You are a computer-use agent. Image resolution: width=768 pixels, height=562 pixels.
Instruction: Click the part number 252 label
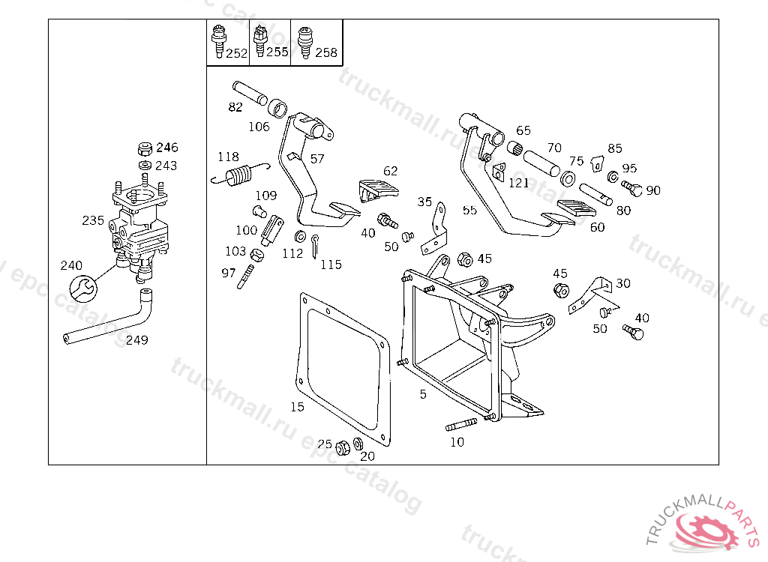tap(236, 53)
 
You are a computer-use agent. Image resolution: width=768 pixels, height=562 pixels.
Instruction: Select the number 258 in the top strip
tap(325, 53)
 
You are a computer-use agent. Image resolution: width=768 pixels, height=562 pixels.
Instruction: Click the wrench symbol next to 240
tap(82, 287)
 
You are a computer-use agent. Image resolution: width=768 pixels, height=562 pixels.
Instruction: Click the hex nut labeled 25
tap(342, 447)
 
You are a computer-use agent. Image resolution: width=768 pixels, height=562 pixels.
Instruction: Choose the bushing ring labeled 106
tap(279, 109)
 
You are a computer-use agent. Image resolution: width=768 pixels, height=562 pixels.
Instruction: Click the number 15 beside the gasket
tap(298, 407)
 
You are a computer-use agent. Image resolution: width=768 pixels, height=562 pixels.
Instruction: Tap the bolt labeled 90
tap(634, 189)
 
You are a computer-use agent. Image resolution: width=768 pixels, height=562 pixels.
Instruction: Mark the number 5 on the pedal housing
tap(423, 394)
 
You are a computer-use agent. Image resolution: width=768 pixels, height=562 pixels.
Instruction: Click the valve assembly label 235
tap(93, 220)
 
